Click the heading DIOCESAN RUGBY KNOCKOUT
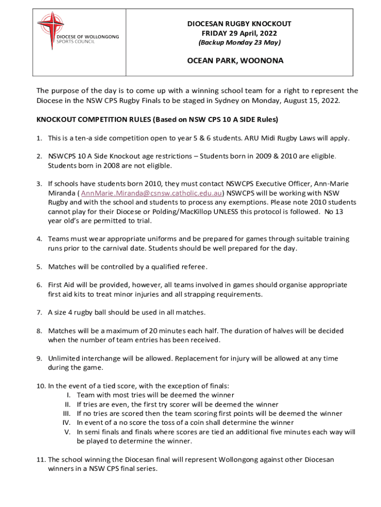coord(239,24)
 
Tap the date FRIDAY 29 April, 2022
coord(239,33)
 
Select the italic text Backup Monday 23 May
coord(239,43)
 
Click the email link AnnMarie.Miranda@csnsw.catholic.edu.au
coord(151,193)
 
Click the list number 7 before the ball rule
coord(39,312)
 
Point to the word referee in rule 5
coord(191,267)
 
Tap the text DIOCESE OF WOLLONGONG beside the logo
coord(87,37)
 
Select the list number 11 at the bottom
coord(41,459)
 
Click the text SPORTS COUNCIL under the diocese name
coord(75,42)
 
